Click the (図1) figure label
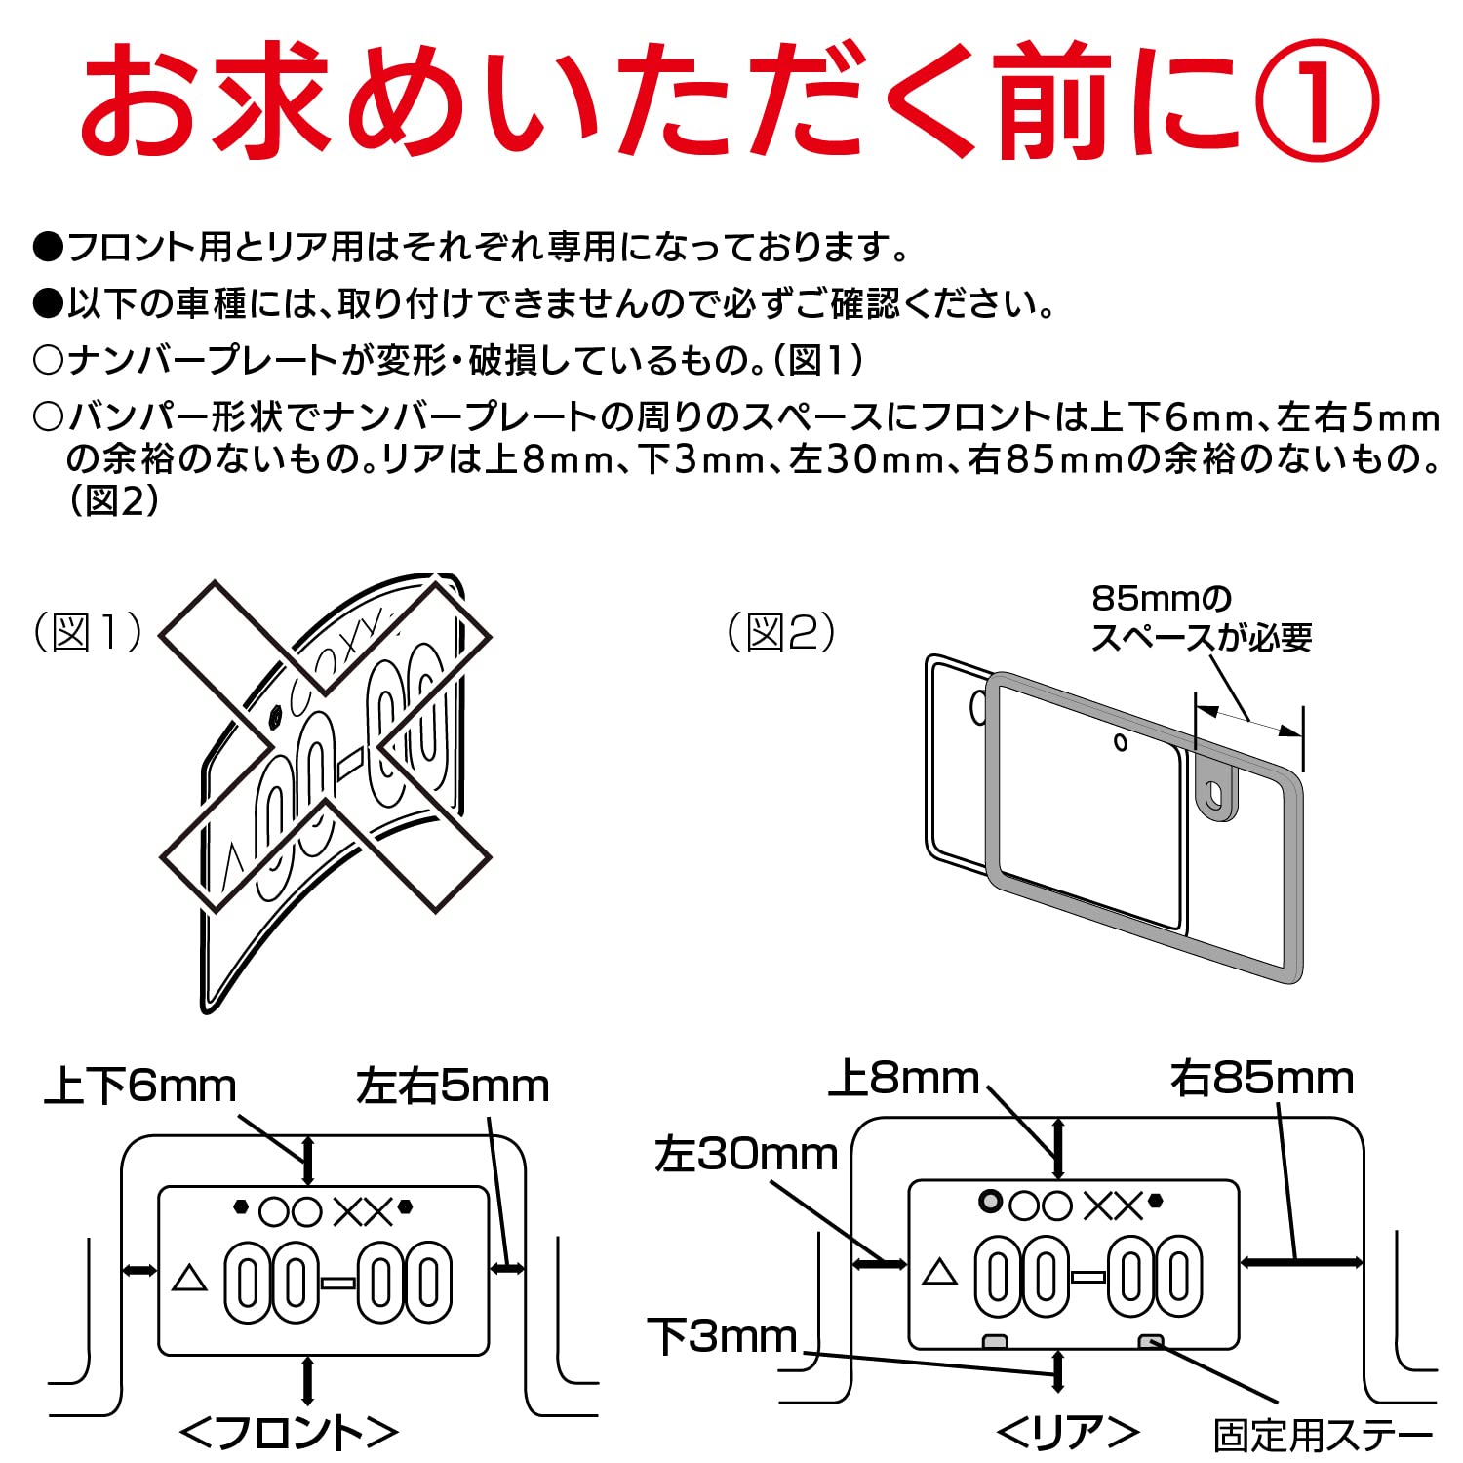[88, 632]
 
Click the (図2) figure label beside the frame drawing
[781, 632]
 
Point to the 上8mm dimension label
[904, 1079]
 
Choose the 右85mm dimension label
[1262, 1079]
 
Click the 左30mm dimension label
[746, 1155]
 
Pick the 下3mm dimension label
[723, 1336]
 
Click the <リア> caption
[1068, 1432]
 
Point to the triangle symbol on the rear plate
[939, 1272]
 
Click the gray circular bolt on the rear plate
[991, 1202]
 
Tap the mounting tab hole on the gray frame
[1215, 796]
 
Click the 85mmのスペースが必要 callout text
[1201, 617]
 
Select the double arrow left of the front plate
[139, 1269]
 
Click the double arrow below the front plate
[308, 1380]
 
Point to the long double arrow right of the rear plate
[1302, 1262]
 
